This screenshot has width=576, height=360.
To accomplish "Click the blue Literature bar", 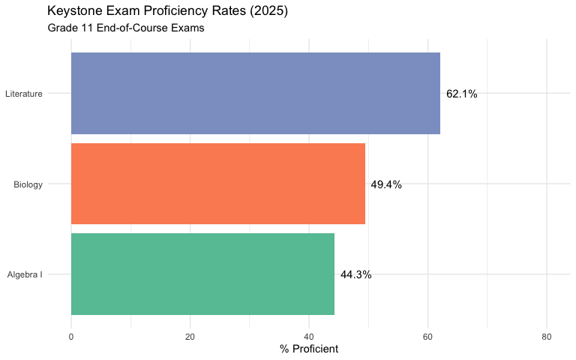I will click(255, 94).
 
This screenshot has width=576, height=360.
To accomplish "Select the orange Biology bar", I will click(217, 184).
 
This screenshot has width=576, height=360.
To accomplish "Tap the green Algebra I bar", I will click(202, 274).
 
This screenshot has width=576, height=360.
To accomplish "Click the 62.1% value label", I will click(462, 94).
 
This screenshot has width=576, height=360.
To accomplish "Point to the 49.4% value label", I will click(386, 184).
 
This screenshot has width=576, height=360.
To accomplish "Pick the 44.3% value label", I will click(356, 274).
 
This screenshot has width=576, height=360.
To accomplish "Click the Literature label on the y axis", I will click(23, 94).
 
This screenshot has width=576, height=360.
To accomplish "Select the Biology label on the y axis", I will click(28, 184).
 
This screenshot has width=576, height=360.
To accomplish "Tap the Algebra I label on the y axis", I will click(25, 274).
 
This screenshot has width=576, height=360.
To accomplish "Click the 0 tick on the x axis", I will click(71, 337).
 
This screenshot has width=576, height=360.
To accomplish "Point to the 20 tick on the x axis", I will click(190, 337).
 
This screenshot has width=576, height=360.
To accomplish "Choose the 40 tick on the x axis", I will click(309, 337).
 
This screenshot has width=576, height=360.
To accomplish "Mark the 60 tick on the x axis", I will click(427, 337).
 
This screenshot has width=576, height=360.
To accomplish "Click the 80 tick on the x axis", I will click(547, 337).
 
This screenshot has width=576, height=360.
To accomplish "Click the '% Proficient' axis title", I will click(309, 349).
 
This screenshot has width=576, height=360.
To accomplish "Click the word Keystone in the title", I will click(73, 11).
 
